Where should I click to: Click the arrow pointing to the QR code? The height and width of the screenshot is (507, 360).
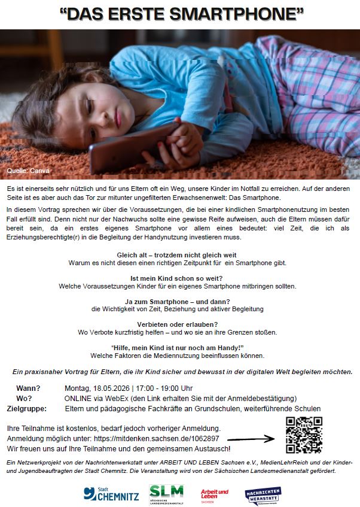tap(251, 439)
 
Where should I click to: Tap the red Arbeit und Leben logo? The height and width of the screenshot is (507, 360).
tap(214, 494)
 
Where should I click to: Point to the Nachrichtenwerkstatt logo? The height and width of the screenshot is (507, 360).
tap(263, 494)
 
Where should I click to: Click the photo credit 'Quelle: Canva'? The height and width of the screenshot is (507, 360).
tap(28, 171)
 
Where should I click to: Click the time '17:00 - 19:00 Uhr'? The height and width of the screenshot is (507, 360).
tap(163, 388)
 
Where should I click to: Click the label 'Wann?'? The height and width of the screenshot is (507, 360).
tap(28, 388)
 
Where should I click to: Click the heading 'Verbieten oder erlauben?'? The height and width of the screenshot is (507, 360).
tap(179, 323)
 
